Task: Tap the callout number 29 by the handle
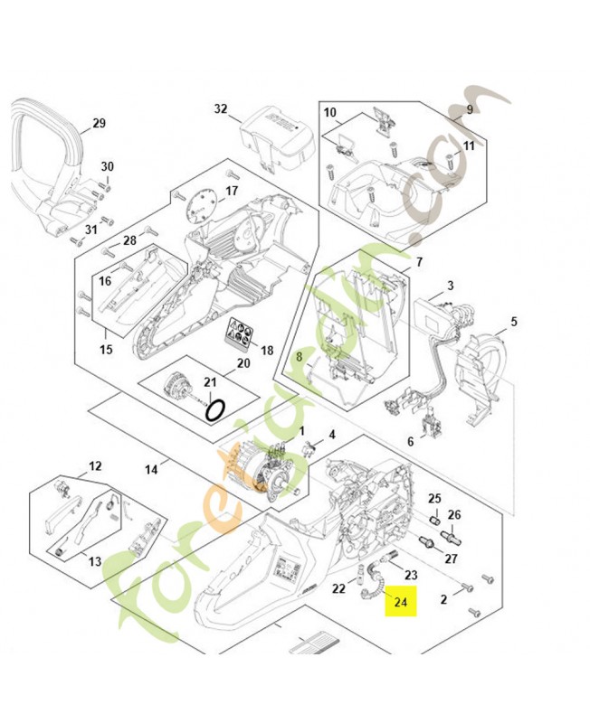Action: tap(100, 124)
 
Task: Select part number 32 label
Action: tap(221, 109)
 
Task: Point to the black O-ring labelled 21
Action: tap(215, 410)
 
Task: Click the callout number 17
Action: tap(232, 191)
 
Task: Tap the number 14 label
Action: tap(151, 468)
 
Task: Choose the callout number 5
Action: tap(513, 321)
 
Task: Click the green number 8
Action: tap(298, 356)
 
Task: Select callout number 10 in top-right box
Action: tap(330, 113)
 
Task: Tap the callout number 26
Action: tap(454, 515)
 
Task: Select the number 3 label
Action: tap(450, 286)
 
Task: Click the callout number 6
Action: tap(410, 442)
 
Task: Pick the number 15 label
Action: tap(106, 349)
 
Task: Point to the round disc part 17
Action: tap(201, 203)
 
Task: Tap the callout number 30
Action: tap(108, 166)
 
